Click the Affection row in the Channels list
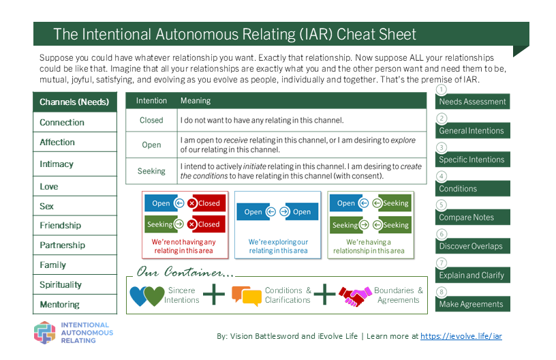pyautogui.click(x=58, y=142)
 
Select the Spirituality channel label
pyautogui.click(x=61, y=285)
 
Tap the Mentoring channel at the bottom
pyautogui.click(x=60, y=305)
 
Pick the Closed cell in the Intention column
pyautogui.click(x=151, y=120)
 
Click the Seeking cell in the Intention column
pyautogui.click(x=151, y=171)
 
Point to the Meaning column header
pyautogui.click(x=196, y=101)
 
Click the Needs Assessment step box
pyautogui.click(x=472, y=102)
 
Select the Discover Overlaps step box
pyautogui.click(x=472, y=246)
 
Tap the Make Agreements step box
pyautogui.click(x=472, y=304)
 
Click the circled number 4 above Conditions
pyautogui.click(x=442, y=176)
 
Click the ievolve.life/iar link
pyautogui.click(x=461, y=336)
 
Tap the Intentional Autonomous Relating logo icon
pyautogui.click(x=45, y=332)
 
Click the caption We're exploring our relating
pyautogui.click(x=278, y=246)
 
